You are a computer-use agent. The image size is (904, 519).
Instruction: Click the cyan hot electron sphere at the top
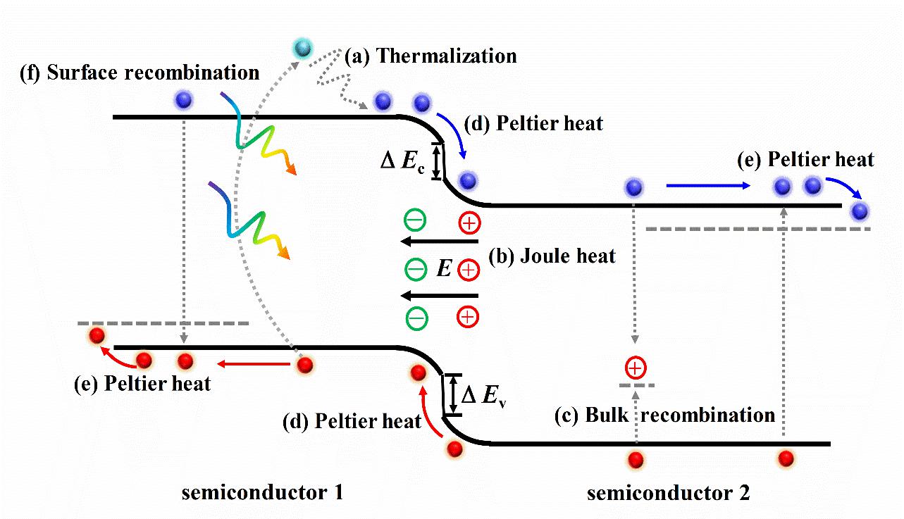(x=304, y=48)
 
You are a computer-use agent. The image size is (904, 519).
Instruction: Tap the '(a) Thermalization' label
(x=431, y=56)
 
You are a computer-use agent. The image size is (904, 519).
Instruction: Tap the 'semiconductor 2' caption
(x=669, y=492)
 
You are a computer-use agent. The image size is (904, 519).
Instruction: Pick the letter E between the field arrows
(x=443, y=268)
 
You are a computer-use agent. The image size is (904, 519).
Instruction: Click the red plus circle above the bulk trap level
(x=635, y=368)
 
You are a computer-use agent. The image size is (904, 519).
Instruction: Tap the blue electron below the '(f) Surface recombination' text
(x=183, y=100)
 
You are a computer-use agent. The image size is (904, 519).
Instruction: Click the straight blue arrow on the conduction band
(x=707, y=187)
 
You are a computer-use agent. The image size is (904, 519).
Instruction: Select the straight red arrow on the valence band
(x=254, y=363)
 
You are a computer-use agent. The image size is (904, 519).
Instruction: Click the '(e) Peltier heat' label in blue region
(x=805, y=160)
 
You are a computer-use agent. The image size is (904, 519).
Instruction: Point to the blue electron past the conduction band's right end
(x=860, y=211)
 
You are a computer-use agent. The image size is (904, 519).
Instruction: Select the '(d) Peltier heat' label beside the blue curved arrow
(x=550, y=123)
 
